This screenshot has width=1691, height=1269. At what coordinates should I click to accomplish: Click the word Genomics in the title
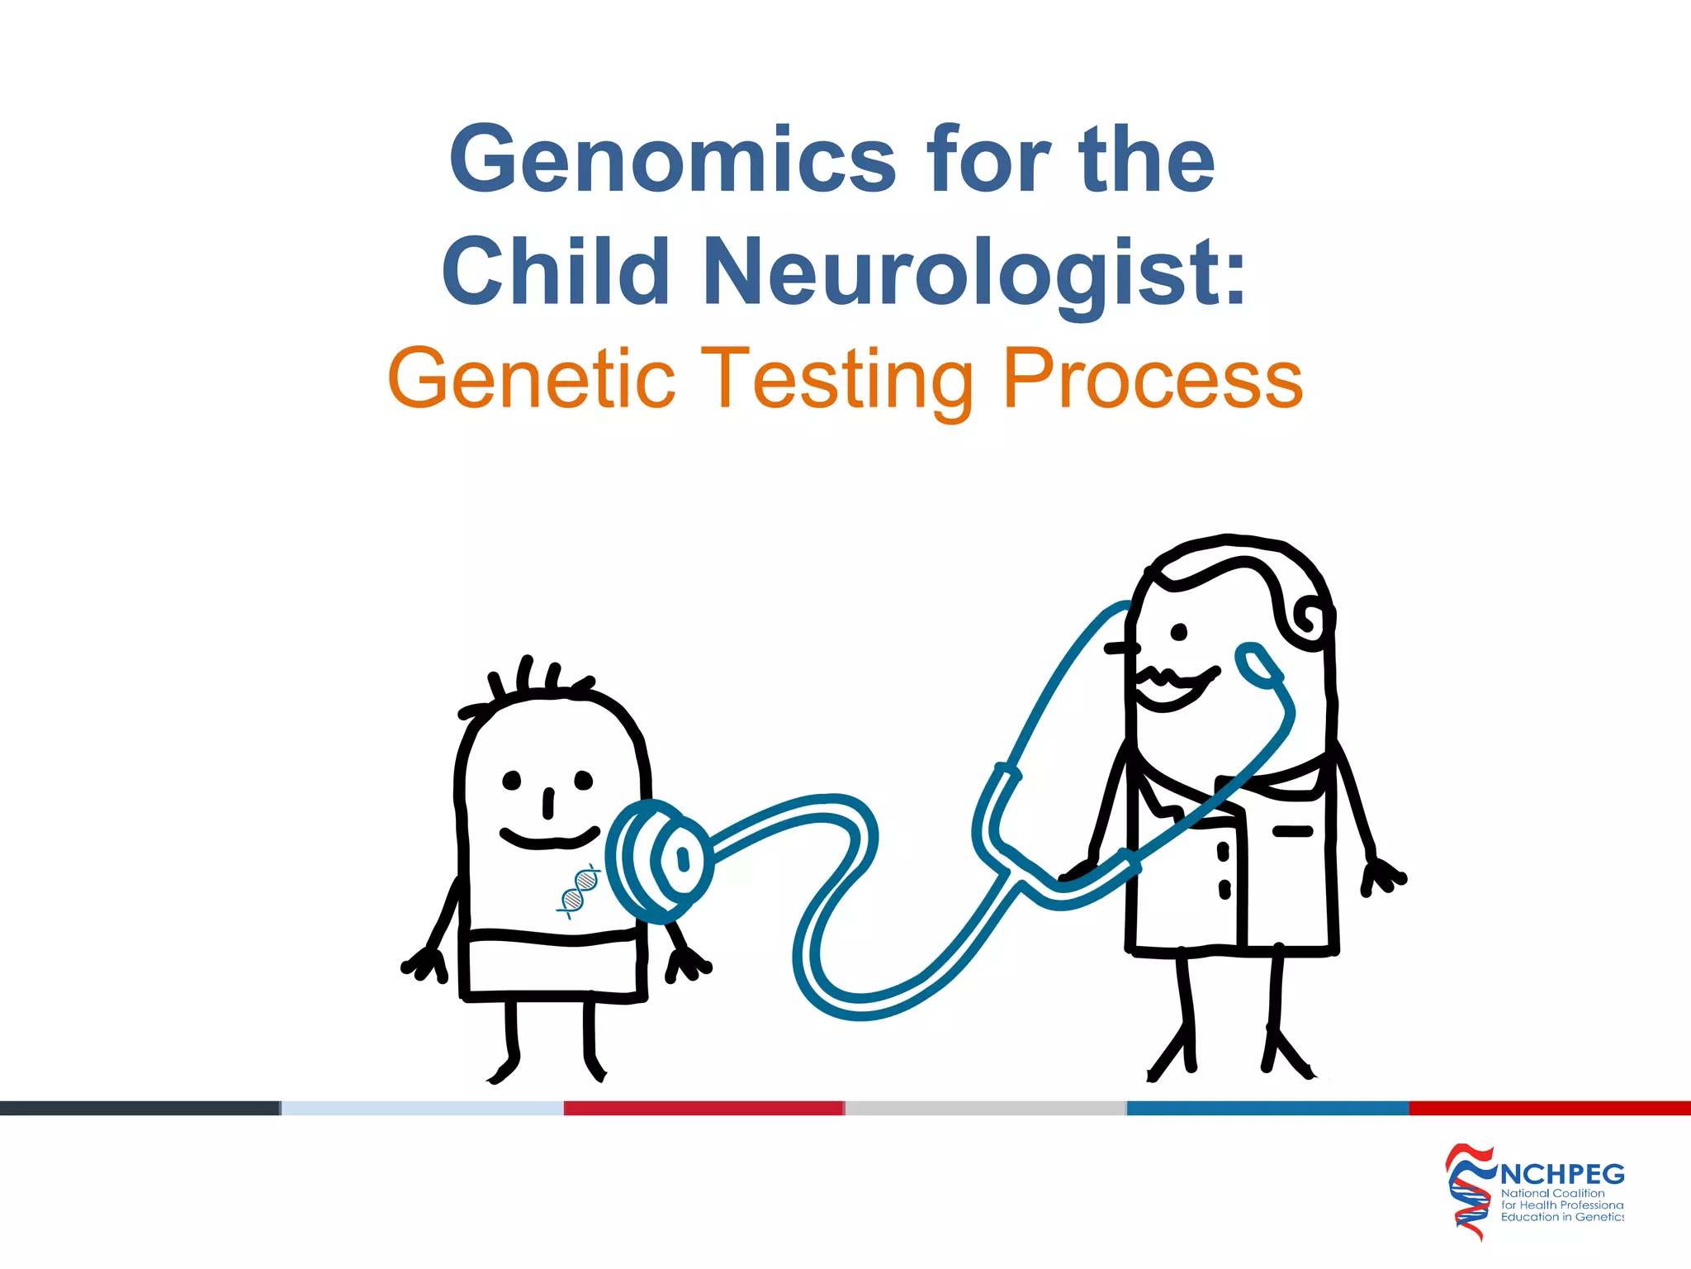(671, 159)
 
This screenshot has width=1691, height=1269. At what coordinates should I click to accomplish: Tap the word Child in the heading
(555, 272)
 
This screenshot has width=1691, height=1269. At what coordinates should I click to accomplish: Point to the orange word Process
(1153, 379)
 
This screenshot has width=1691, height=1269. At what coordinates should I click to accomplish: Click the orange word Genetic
(532, 379)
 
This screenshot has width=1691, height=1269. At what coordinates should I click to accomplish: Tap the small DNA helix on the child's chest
(580, 891)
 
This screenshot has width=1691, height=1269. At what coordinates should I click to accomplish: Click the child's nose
(548, 803)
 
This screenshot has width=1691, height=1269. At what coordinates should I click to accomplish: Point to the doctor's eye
(1179, 632)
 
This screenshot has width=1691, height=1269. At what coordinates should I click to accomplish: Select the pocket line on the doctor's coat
(1292, 830)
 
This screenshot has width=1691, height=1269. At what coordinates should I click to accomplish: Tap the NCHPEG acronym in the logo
(1561, 1174)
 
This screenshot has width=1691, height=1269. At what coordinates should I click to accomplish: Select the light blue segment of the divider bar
(423, 1108)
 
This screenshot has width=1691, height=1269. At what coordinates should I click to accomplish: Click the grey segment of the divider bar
(986, 1108)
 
